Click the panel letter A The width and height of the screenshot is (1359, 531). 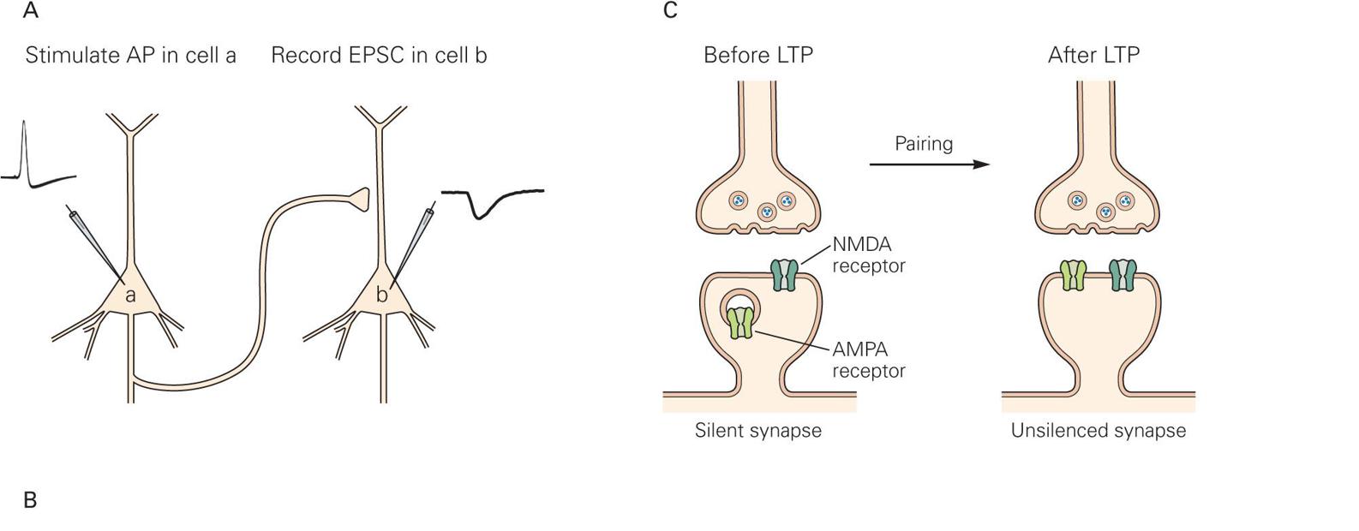point(30,11)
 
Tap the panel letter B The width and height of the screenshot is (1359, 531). point(30,500)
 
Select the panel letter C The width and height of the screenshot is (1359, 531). point(670,11)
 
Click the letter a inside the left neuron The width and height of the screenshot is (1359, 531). point(130,295)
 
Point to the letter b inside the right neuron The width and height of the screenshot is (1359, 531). point(382,295)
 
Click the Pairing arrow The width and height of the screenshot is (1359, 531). point(929,164)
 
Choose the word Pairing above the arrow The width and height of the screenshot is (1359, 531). point(924,143)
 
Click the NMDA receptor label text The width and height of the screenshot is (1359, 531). point(868,255)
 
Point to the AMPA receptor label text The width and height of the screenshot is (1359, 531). point(868,360)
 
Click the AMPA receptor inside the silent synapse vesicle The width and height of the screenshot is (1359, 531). point(740,323)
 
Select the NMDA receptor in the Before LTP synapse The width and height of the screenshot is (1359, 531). point(785,276)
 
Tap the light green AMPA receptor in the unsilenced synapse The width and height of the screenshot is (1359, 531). point(1073,276)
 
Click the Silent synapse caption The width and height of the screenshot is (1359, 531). point(757,430)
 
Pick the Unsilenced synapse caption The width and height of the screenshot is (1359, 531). point(1098,430)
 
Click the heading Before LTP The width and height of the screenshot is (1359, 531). point(757,56)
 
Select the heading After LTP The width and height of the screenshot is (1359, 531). point(1093,56)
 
